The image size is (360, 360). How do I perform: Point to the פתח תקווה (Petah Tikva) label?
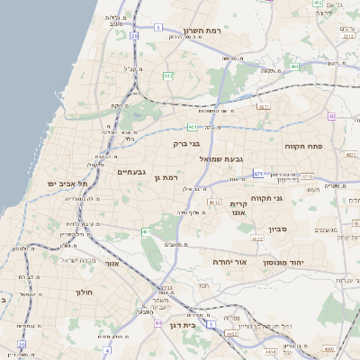coord(328,146)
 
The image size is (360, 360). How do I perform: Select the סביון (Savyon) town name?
coord(277,229)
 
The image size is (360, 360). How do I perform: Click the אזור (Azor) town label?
coord(112,264)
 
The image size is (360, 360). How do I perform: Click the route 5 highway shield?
coord(158,28)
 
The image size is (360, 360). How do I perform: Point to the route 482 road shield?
coord(167,76)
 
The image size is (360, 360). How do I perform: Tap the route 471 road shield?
coord(258,173)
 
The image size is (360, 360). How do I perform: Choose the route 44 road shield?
coord(159,322)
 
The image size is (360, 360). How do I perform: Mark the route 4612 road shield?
coord(213,203)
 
